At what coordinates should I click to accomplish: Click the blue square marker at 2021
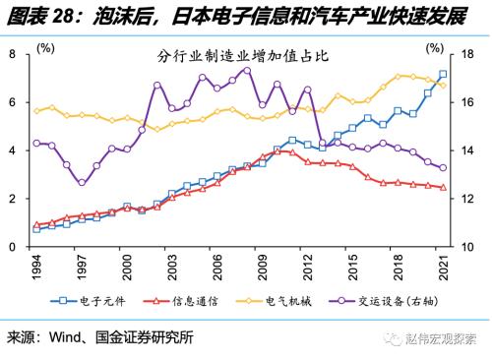[x=443, y=75]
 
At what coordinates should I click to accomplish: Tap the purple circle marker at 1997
[x=82, y=182]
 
